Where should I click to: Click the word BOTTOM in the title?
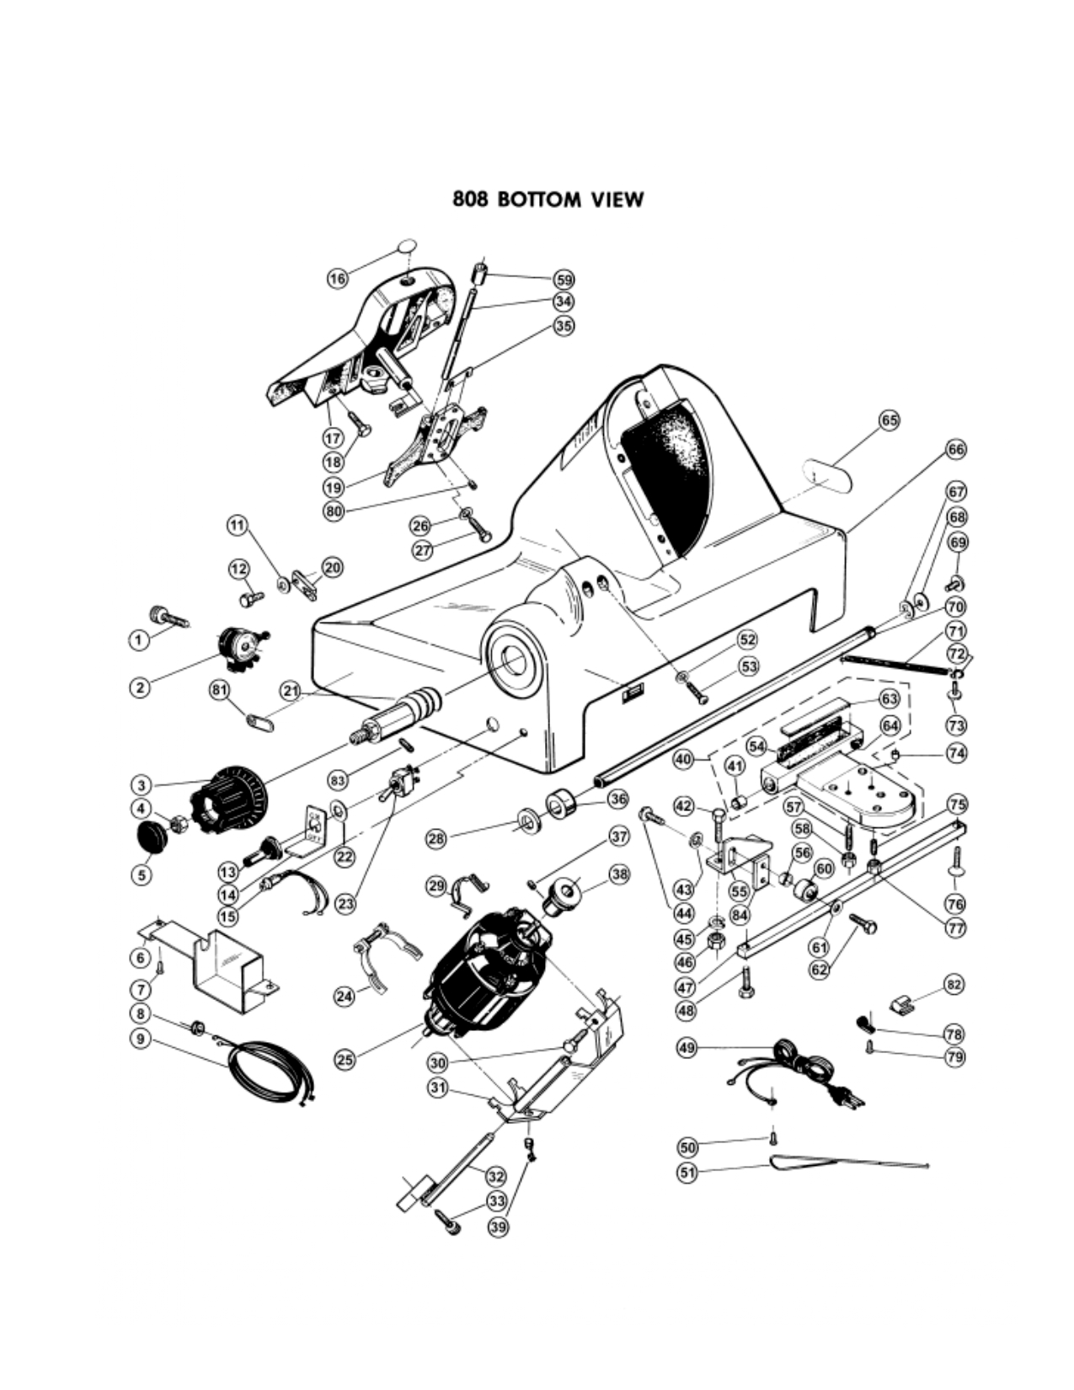[539, 200]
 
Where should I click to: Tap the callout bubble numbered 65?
[890, 420]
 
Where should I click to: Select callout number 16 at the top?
[338, 278]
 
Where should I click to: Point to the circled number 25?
[345, 1060]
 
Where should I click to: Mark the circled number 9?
[141, 1038]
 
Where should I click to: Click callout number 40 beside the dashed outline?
[684, 759]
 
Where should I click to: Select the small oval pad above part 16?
[407, 247]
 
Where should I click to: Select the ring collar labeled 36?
[561, 804]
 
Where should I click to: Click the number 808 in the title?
[472, 200]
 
